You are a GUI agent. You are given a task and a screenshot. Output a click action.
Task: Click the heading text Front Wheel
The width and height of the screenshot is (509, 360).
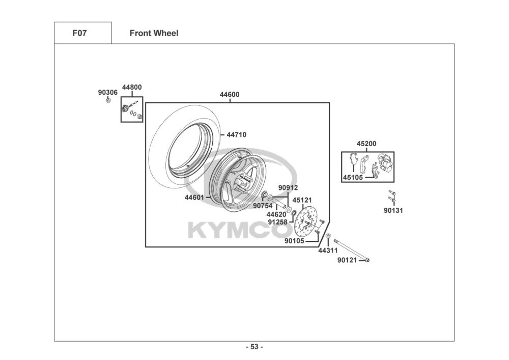coord(154,34)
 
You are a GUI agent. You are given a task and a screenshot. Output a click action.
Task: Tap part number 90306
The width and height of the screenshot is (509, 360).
coord(107,93)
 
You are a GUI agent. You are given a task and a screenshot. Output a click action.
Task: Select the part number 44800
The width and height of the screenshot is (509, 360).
coord(132,87)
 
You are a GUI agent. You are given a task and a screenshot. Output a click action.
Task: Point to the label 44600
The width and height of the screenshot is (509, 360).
coord(230,95)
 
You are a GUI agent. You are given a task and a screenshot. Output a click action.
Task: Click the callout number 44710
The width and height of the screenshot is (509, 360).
coord(236,135)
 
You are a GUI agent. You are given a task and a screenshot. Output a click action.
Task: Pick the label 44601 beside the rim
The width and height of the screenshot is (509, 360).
coord(194,198)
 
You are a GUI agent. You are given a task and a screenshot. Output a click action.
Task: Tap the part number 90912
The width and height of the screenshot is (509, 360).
coord(288,188)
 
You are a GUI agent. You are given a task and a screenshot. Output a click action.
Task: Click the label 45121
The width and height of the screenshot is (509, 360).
coord(302,200)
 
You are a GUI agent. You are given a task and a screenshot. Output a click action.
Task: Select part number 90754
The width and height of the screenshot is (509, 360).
coord(263,206)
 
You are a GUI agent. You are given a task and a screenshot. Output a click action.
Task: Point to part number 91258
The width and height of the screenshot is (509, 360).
coord(277,222)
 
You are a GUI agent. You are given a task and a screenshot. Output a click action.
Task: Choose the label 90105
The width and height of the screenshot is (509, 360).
coord(294,241)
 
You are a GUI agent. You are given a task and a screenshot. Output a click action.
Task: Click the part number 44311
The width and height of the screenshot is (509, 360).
coord(328,251)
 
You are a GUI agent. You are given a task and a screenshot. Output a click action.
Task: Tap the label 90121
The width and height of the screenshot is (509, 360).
coord(347,260)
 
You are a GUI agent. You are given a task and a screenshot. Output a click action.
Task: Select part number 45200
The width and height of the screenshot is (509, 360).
coord(366,144)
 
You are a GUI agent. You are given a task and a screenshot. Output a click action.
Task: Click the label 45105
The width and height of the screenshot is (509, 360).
coord(353,178)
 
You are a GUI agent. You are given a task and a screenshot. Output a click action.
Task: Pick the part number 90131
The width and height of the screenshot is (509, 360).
coord(393,210)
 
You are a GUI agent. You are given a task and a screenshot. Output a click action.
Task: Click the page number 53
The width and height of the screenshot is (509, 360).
coord(254,347)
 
